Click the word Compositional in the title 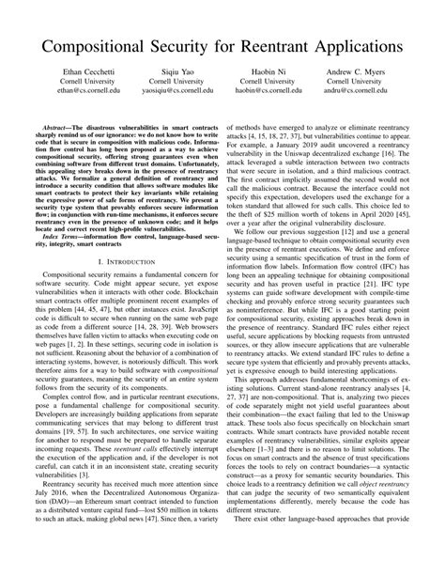[98, 46]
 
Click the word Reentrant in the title [279, 46]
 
